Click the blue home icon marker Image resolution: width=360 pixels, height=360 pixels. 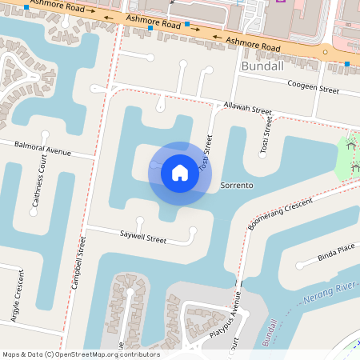point(180,172)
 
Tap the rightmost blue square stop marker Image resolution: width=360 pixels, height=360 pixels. point(347,62)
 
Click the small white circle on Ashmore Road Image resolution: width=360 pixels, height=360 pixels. point(325,53)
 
